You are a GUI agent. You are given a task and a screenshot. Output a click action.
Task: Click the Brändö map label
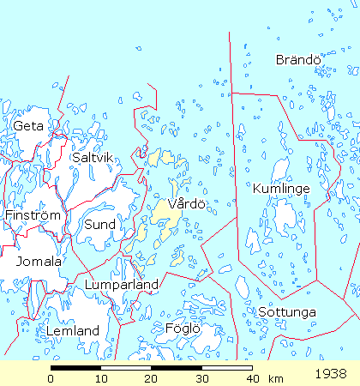pos(297,59)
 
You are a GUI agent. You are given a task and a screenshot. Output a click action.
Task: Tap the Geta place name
pos(27,126)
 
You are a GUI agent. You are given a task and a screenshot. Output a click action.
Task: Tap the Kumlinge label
pos(281,188)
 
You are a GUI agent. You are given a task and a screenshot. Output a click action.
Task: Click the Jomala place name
pos(33,261)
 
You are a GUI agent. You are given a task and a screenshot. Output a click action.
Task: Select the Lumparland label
pos(122,284)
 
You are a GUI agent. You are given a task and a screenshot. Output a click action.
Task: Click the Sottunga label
pos(287,311)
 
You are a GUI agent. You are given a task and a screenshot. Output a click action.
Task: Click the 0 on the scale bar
pos(51,378)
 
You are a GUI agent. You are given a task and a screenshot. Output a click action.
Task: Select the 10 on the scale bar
pos(101,378)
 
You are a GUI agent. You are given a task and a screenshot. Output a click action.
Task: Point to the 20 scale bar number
pos(152,378)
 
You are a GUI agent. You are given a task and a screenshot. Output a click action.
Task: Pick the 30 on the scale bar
pos(202,378)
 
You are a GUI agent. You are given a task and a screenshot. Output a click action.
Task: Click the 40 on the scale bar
pos(252,378)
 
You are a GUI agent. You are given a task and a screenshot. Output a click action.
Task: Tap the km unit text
pos(275,378)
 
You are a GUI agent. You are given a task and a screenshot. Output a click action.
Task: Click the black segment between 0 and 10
pos(76,367)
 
